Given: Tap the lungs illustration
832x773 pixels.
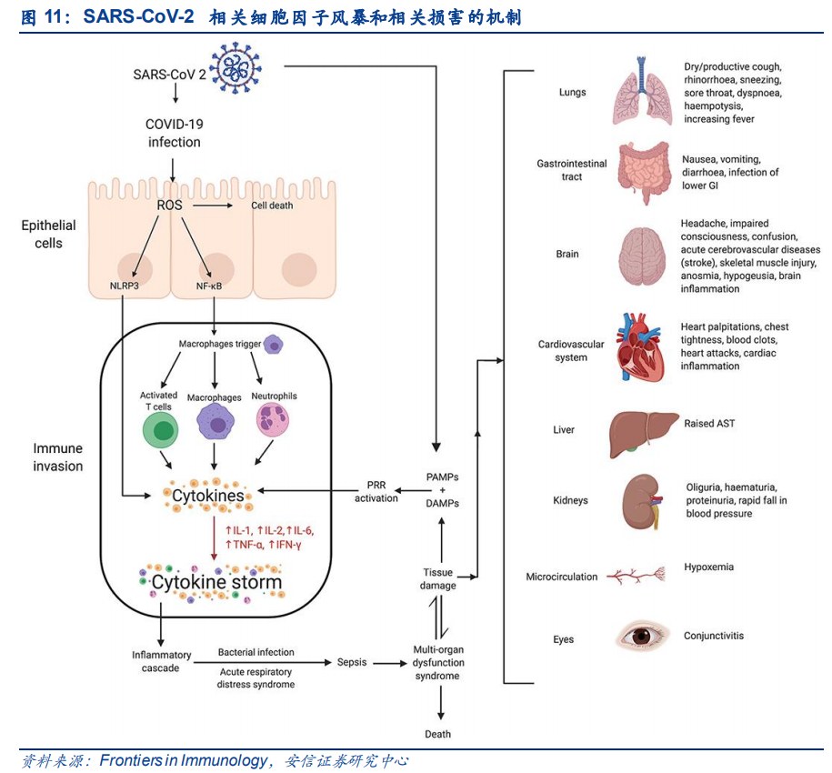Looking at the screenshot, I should click(x=642, y=92).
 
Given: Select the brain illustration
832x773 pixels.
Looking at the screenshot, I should click(x=645, y=256).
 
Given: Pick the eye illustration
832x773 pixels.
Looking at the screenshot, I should click(x=644, y=636).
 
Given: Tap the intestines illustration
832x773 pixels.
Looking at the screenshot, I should click(x=645, y=170).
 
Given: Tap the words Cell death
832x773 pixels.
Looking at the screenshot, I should click(x=272, y=206).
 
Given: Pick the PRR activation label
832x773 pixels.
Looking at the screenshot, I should click(x=376, y=491).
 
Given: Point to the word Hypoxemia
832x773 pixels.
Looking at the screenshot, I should click(x=708, y=567).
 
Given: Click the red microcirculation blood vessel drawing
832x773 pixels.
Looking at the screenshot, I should click(x=637, y=577).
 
